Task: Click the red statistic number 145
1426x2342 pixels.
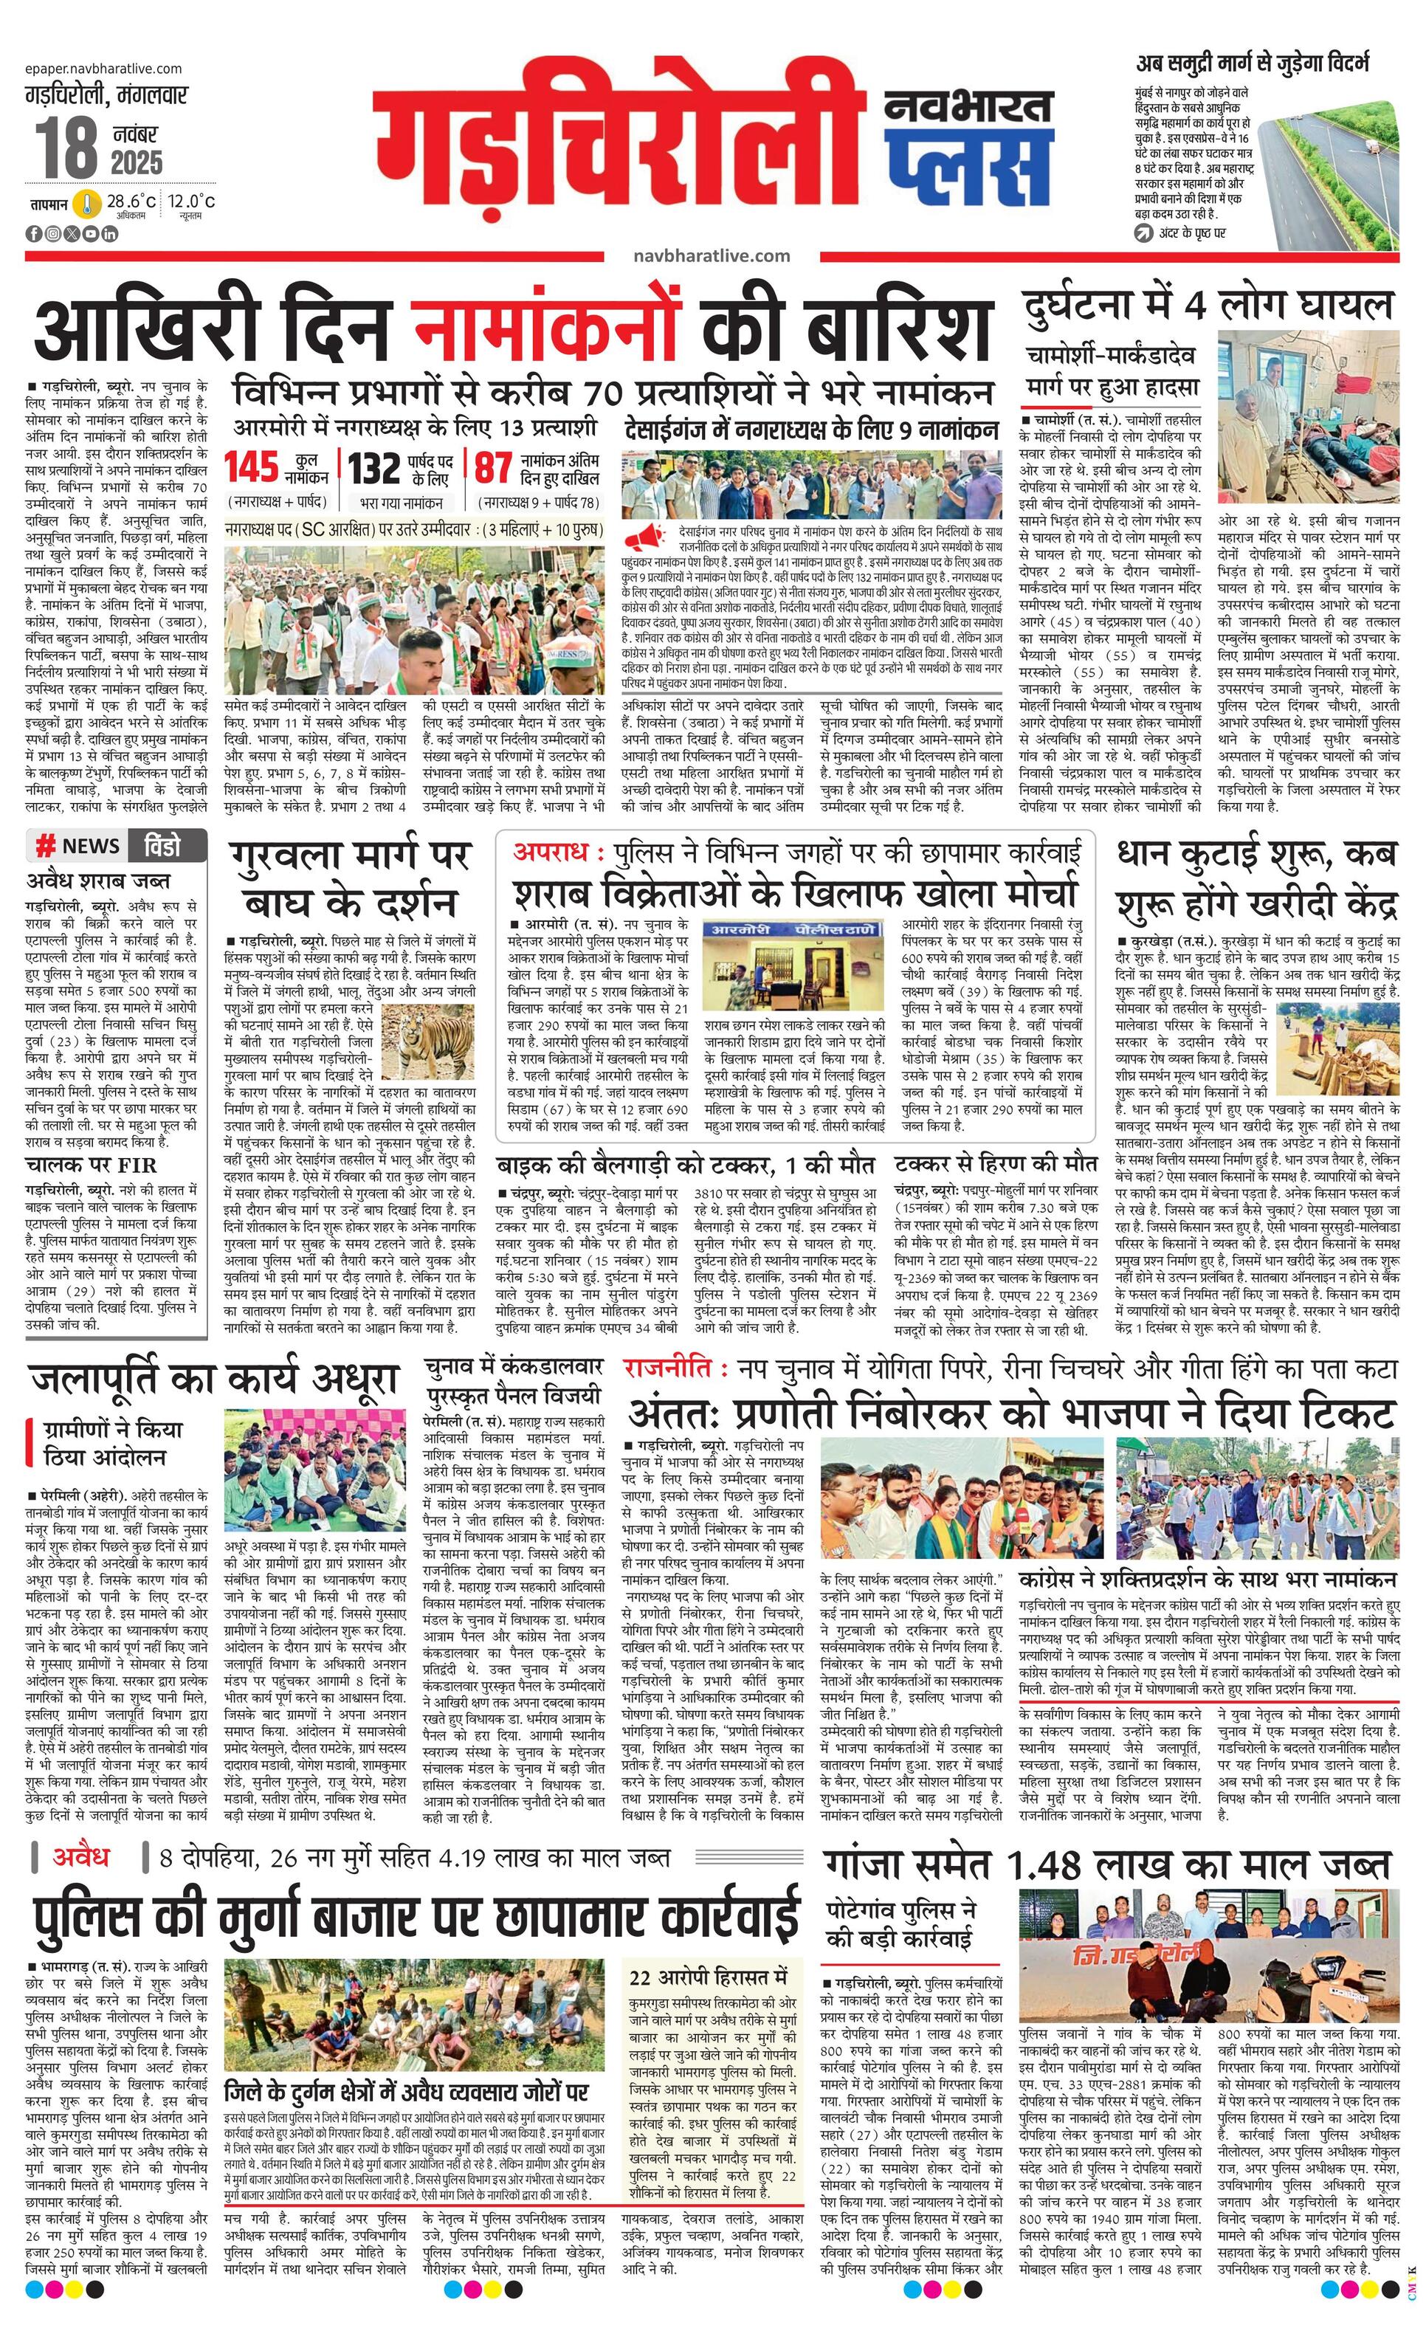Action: (251, 468)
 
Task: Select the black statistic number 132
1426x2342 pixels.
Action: (373, 469)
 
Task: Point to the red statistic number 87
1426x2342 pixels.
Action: (493, 468)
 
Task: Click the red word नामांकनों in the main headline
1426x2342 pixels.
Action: (547, 328)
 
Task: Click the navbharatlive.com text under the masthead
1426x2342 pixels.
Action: (710, 255)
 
